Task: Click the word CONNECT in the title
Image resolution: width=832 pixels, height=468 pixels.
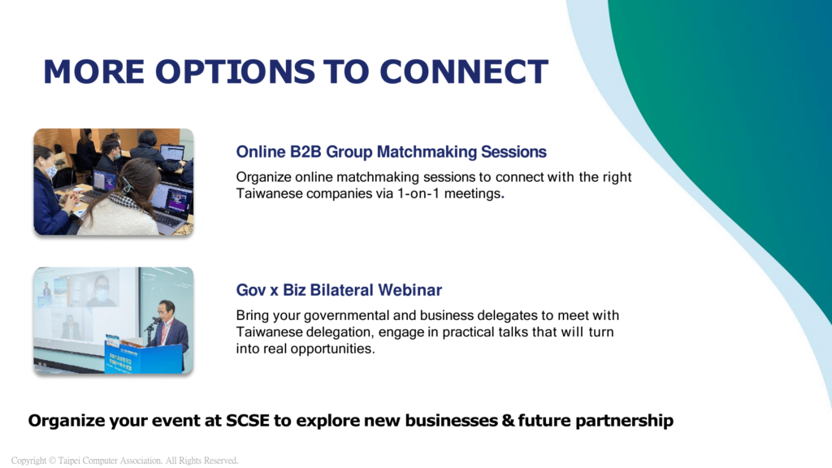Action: pyautogui.click(x=464, y=71)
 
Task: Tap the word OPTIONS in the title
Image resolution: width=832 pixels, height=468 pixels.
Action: pyautogui.click(x=235, y=71)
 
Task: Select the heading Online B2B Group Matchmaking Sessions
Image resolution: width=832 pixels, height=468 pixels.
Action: pyautogui.click(x=391, y=152)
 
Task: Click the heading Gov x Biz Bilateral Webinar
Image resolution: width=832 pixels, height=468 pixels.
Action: pyautogui.click(x=339, y=290)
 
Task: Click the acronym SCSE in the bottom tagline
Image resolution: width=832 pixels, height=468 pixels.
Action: pyautogui.click(x=247, y=420)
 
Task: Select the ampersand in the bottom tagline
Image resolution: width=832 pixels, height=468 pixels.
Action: pyautogui.click(x=508, y=420)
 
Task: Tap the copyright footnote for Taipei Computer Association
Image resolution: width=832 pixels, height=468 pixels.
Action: pyautogui.click(x=124, y=461)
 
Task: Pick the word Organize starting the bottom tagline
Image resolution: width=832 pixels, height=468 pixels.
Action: pyautogui.click(x=67, y=421)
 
